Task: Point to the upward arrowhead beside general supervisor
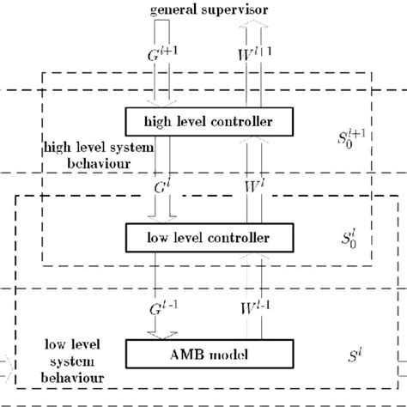[x=252, y=27]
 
